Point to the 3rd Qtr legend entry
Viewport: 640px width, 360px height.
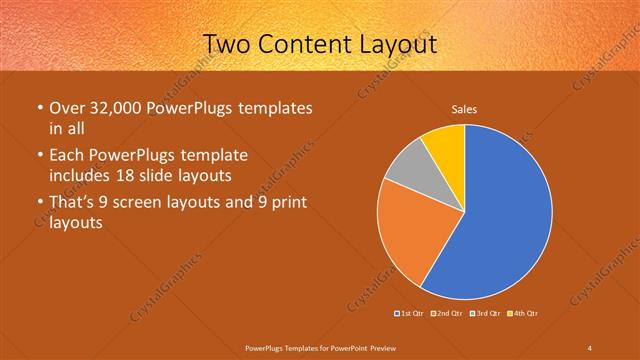tap(486, 314)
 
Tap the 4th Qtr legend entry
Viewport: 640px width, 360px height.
tap(523, 314)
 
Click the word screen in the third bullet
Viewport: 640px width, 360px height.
tap(146, 203)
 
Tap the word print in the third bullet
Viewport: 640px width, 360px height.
tap(284, 203)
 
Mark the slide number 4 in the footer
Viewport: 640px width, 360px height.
tap(589, 347)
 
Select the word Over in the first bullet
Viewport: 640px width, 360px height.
tap(68, 108)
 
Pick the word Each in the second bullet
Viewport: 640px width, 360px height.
tap(68, 156)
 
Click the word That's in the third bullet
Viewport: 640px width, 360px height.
tap(73, 203)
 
